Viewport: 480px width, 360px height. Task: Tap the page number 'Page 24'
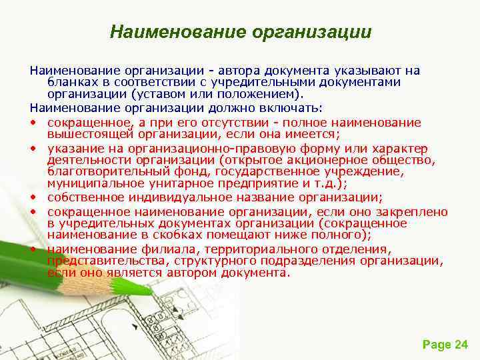(445, 344)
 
